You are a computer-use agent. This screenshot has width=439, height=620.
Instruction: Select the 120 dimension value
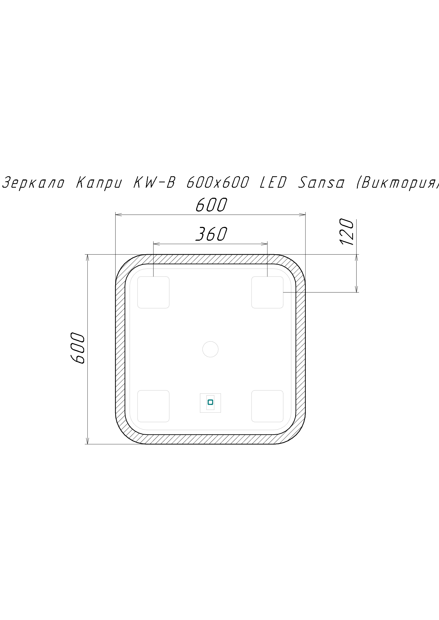tap(347, 232)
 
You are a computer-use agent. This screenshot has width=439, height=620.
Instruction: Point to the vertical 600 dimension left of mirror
tap(78, 348)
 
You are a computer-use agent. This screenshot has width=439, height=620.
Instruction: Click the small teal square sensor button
tap(210, 402)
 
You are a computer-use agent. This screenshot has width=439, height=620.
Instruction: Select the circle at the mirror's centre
tap(210, 349)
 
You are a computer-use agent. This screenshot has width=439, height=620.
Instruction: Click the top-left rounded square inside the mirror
tap(153, 292)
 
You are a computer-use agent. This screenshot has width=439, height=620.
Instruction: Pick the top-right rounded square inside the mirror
tap(267, 292)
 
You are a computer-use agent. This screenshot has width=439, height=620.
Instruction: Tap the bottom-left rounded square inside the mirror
tap(153, 406)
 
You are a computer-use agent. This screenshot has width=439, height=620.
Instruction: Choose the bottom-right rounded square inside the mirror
tap(267, 406)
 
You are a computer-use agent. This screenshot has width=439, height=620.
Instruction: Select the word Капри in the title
tap(99, 183)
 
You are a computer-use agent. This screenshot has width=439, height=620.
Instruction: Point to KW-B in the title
tap(154, 183)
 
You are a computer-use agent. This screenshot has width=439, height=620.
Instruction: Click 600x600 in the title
tap(218, 183)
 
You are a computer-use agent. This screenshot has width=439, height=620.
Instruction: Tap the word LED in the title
tap(273, 183)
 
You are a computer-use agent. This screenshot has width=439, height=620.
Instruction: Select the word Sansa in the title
tap(321, 183)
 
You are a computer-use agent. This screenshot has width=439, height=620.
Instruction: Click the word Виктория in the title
tap(397, 183)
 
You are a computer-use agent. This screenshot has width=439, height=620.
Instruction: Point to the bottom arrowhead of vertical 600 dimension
tap(87, 441)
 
